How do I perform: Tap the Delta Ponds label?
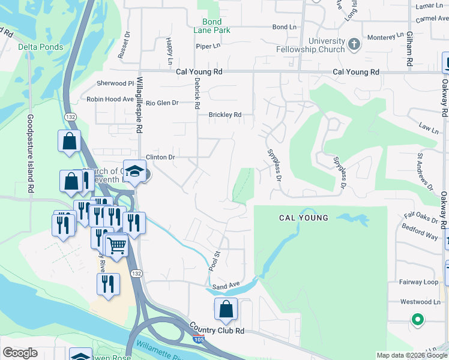coord(37,47)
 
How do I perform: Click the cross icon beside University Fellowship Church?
coord(354,44)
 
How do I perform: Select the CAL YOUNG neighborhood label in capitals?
coord(304,218)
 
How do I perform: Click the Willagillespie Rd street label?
coord(139,104)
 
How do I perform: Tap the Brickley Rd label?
coord(224,115)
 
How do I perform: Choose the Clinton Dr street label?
coord(160,157)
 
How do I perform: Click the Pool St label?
coord(214,259)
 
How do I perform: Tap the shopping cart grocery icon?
coord(116,244)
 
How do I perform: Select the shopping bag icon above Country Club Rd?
coord(226,309)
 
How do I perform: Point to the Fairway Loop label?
coord(422,282)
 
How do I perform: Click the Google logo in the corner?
coord(20,353)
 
